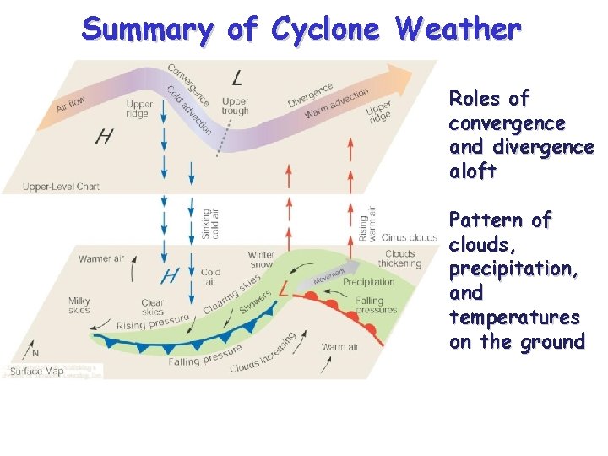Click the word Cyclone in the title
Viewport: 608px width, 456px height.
pos(326,29)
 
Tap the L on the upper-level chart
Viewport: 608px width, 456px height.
pos(238,79)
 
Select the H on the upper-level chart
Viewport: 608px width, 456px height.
pos(104,137)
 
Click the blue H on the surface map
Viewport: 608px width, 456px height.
pos(170,275)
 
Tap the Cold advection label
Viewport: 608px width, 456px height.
pos(188,112)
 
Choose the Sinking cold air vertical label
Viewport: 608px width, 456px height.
pos(210,224)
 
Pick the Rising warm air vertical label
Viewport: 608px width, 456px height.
pos(367,223)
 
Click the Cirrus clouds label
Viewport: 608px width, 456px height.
pos(409,237)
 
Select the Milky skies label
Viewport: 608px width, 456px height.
pos(79,305)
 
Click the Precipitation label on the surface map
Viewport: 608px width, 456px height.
pos(368,282)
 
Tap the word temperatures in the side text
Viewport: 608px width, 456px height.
pos(514,318)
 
